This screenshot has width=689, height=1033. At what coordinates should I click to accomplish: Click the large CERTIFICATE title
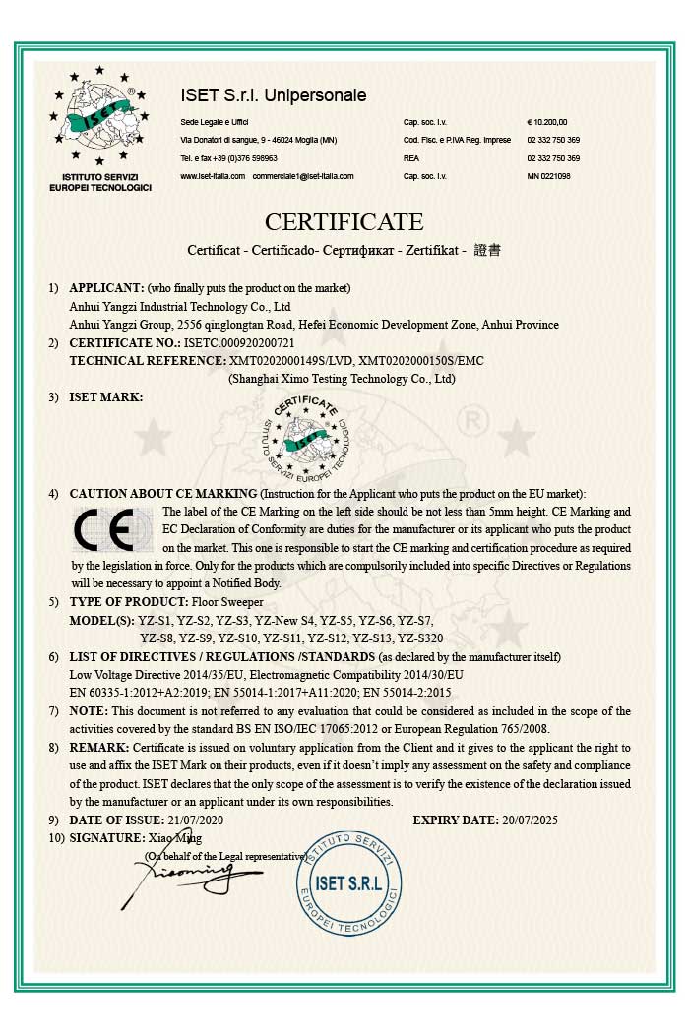344,221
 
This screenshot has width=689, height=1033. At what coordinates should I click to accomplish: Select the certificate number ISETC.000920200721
239,342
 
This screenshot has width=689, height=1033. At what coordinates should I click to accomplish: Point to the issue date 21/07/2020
196,820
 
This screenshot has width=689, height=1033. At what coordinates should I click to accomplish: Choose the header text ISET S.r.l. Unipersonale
274,95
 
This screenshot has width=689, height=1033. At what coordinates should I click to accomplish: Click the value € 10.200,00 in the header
547,122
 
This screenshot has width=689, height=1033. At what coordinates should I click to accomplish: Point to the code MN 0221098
548,176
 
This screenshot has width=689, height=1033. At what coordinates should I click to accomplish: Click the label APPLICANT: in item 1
106,288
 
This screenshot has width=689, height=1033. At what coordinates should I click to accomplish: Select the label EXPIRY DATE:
457,820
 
